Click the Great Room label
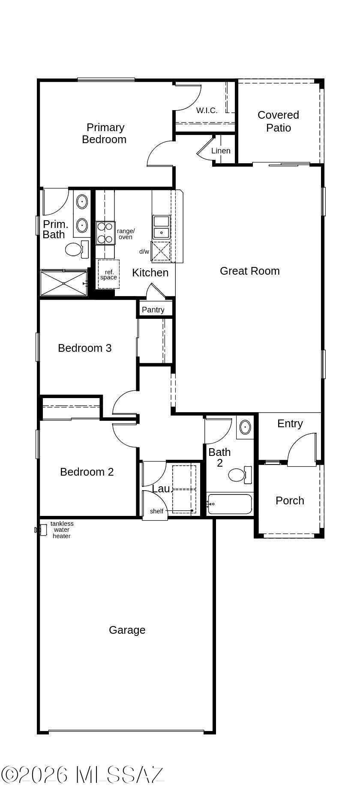(249, 271)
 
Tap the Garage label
(127, 630)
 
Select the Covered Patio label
(278, 121)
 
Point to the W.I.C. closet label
(207, 111)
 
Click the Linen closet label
(221, 151)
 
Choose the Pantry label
(153, 310)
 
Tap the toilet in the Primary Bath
(77, 249)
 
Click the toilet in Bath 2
(240, 475)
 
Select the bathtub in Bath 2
(230, 504)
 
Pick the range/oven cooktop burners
(105, 233)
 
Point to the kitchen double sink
(162, 227)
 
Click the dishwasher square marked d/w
(161, 251)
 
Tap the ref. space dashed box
(108, 274)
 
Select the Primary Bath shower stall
(64, 283)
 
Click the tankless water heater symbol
(41, 530)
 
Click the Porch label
(290, 500)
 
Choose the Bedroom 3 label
(85, 348)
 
